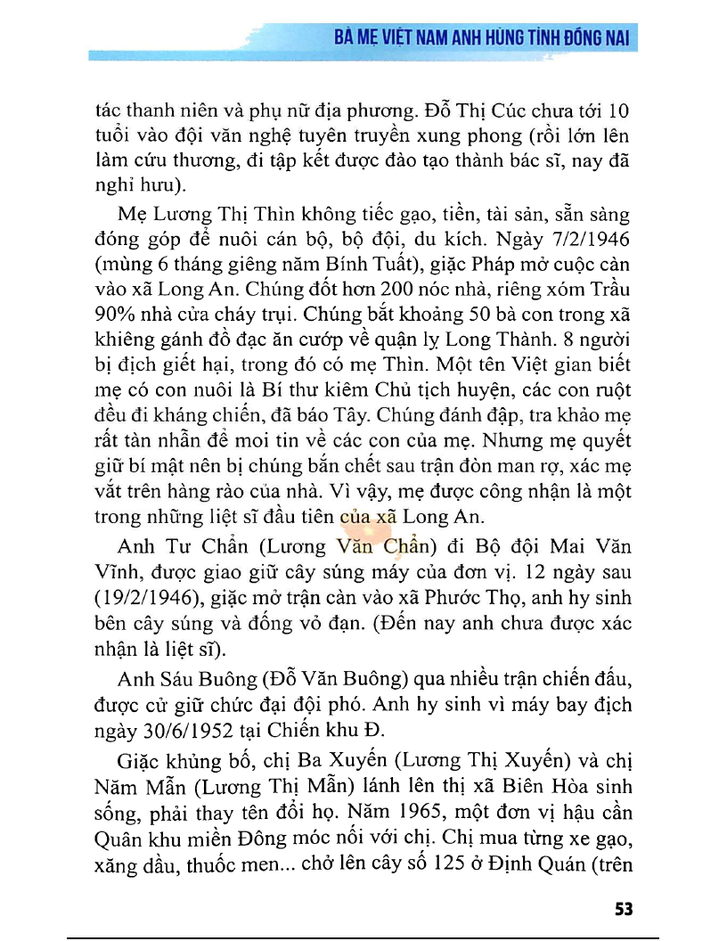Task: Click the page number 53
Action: [x=623, y=909]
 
